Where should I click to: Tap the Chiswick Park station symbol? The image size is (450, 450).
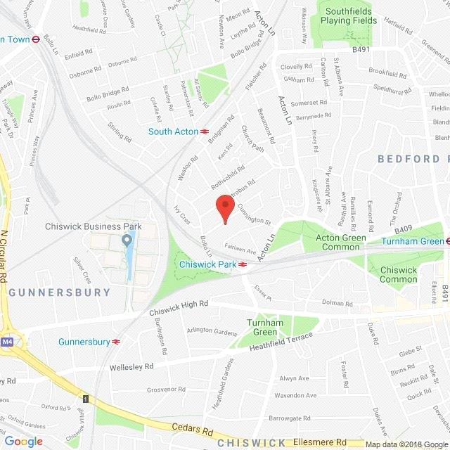click(x=242, y=264)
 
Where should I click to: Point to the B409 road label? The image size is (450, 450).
click(x=403, y=229)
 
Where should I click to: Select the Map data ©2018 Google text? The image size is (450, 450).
click(x=406, y=444)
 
